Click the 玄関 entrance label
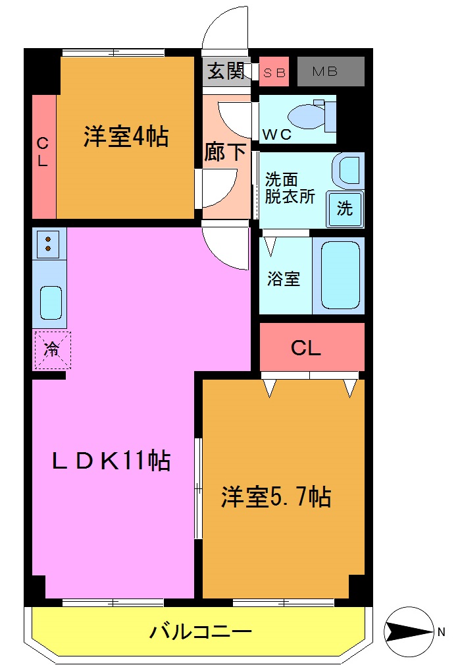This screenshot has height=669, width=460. point(226,71)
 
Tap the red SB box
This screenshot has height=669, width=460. point(274,73)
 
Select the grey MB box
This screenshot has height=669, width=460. point(330,72)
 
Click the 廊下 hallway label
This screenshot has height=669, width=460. point(226,152)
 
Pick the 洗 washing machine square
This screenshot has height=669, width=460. point(344,208)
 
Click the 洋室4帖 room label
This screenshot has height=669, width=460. point(125,136)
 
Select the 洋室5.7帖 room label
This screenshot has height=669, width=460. point(276,496)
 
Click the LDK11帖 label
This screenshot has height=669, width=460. point(112,460)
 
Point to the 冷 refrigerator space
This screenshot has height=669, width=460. point(51,350)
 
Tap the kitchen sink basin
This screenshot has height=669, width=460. point(50,302)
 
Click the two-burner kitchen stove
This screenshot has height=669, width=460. point(48,243)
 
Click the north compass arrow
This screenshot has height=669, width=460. point(407,632)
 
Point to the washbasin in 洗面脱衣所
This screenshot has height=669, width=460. point(349,170)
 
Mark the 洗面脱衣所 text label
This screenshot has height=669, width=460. point(290,187)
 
